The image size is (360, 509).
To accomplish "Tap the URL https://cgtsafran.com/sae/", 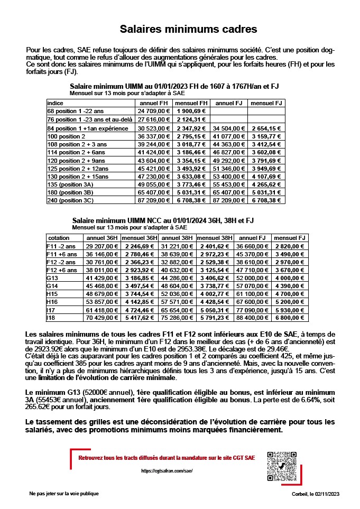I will (164, 470).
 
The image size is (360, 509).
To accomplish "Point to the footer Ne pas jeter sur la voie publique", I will (64, 493).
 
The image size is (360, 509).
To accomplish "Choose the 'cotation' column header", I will (59, 238).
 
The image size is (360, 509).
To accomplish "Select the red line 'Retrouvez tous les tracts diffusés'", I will (166, 457).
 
